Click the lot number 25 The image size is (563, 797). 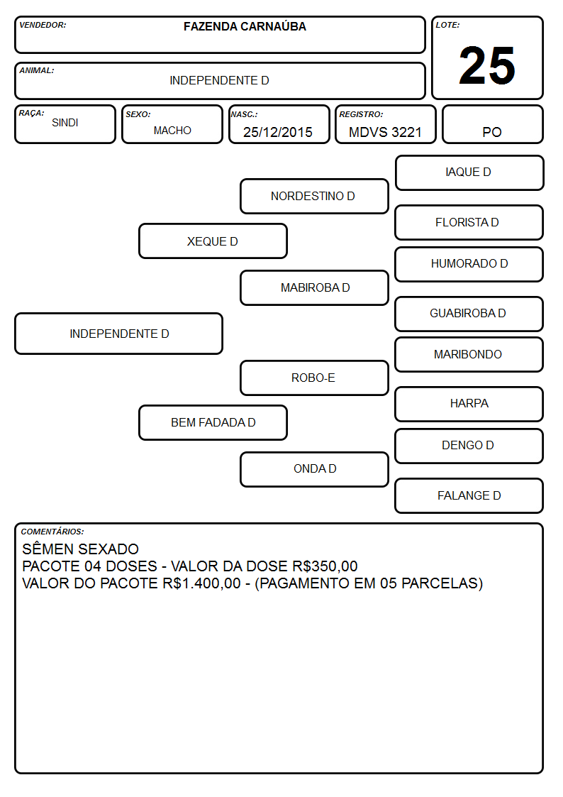(487, 65)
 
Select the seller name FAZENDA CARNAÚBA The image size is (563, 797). (245, 26)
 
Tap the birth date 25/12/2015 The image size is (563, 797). (278, 132)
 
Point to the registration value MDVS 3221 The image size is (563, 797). (385, 132)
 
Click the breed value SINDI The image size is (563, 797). (65, 123)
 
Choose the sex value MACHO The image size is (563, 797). (172, 131)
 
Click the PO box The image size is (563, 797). (492, 124)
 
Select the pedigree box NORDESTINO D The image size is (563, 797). (314, 196)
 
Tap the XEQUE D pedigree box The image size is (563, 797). (213, 241)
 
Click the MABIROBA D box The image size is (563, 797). (314, 287)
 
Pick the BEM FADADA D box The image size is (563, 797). (213, 422)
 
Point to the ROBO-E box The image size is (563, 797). (314, 378)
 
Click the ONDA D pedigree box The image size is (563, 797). (314, 469)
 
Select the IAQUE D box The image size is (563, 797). (469, 173)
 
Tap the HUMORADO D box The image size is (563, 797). (469, 264)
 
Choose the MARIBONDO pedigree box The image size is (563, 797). (469, 354)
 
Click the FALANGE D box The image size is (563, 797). (469, 495)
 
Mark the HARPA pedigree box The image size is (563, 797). (469, 404)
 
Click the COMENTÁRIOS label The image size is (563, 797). (52, 532)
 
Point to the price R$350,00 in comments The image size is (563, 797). (325, 566)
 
